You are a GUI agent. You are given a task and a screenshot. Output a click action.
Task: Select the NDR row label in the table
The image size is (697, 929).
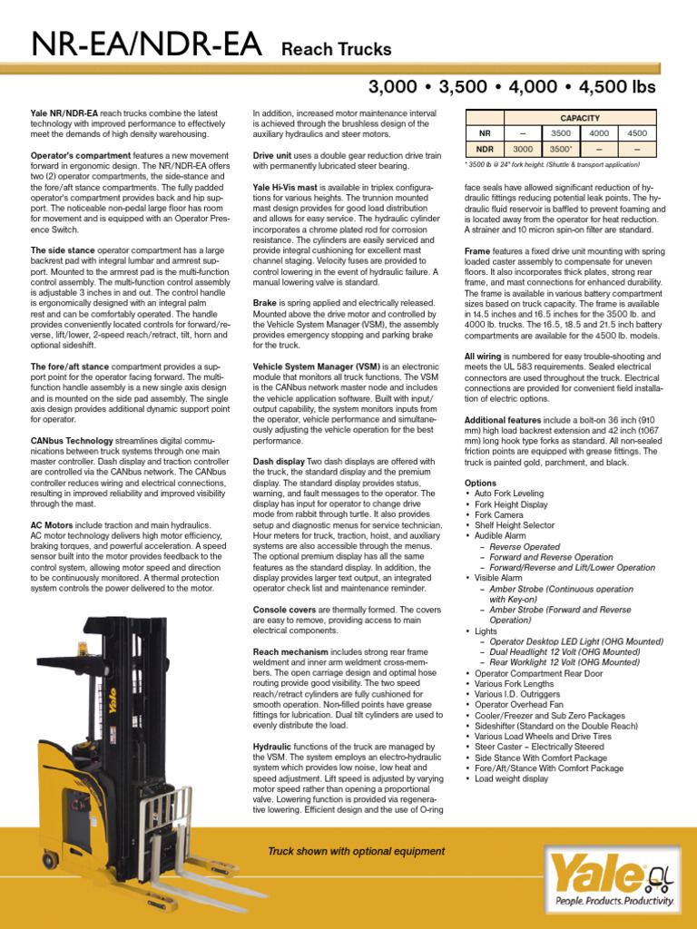click(485, 149)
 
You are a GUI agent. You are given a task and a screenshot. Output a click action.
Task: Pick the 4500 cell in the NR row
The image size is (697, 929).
click(637, 132)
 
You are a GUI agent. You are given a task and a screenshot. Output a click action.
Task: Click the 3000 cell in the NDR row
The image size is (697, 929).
click(523, 149)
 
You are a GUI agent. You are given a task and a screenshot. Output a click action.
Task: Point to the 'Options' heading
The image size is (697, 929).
click(480, 483)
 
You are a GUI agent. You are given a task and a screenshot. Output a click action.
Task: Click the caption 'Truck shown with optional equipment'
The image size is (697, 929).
click(356, 851)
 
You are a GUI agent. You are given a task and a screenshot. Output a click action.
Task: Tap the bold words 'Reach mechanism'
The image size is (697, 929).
click(290, 651)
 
